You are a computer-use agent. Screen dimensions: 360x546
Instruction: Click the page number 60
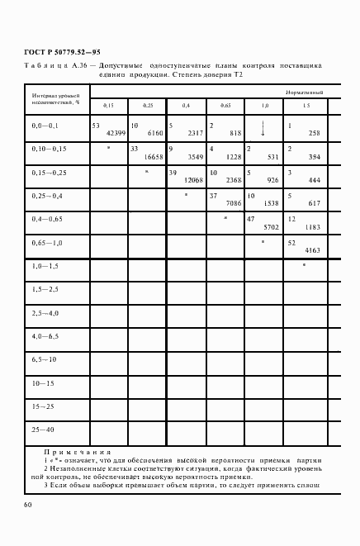[28, 504]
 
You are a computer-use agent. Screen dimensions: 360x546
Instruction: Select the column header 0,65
[225, 107]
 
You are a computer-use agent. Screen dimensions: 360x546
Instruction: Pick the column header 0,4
[186, 107]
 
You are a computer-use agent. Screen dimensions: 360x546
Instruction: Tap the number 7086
[232, 202]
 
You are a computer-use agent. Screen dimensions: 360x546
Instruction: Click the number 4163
[311, 249]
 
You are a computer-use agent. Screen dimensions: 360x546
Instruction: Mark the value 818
[235, 133]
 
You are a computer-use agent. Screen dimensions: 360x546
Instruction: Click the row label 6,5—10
[43, 360]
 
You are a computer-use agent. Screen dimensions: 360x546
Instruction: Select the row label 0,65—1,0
[46, 245]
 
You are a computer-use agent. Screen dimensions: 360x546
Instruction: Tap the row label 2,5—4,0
[45, 314]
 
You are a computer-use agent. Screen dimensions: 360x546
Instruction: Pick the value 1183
[311, 226]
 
